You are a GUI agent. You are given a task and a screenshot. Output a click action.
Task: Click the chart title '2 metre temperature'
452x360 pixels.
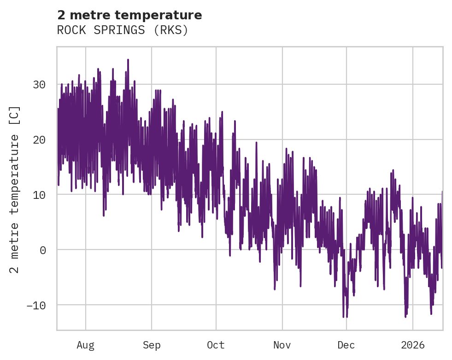tap(129, 15)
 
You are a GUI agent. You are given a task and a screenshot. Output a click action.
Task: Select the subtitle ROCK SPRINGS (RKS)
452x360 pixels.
tap(123, 30)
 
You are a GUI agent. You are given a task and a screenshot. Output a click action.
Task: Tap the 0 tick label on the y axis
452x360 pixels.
tap(42, 250)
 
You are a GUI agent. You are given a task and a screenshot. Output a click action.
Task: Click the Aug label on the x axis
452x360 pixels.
tap(85, 345)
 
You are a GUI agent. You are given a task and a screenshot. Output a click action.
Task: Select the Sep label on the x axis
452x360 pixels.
tap(151, 345)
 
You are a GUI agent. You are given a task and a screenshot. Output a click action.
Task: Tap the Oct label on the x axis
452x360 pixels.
tap(216, 345)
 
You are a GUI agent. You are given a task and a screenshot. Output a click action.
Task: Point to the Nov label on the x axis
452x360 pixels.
tap(282, 345)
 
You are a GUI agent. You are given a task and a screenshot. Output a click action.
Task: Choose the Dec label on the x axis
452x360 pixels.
tap(346, 345)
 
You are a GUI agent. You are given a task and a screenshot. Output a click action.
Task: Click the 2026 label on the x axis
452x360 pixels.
tap(412, 345)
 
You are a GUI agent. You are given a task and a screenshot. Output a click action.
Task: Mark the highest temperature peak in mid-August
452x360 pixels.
tap(128, 60)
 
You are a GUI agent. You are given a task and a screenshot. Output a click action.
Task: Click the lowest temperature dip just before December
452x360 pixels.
tap(343, 317)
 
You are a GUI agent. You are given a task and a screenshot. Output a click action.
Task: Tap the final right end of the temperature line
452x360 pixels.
tap(442, 192)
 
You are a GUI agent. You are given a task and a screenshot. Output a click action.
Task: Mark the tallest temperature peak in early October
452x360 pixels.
tap(222, 112)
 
